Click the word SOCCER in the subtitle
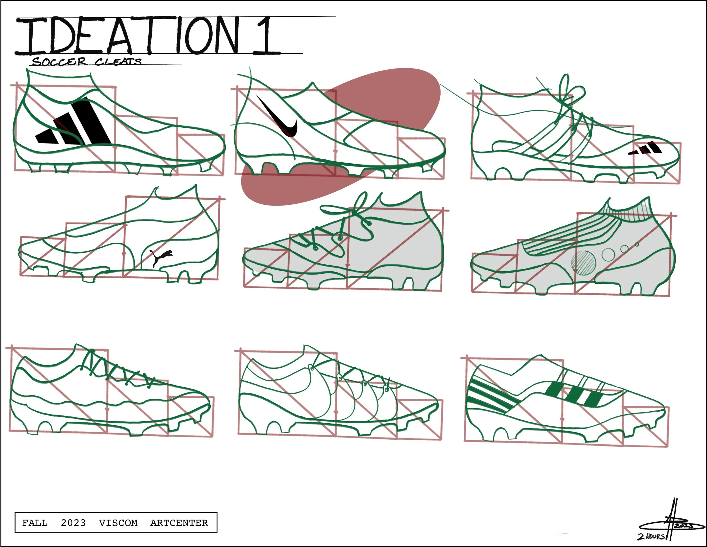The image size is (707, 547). (60, 61)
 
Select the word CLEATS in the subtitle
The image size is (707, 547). (118, 61)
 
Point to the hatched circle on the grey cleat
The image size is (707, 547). (584, 263)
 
